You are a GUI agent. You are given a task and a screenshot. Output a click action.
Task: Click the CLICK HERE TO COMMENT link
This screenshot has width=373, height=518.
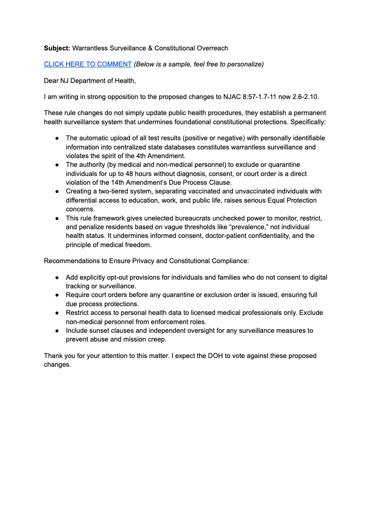click(87, 64)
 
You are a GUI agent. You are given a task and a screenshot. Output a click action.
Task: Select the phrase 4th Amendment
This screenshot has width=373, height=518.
click(160, 156)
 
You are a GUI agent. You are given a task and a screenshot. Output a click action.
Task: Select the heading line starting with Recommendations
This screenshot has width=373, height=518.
click(146, 261)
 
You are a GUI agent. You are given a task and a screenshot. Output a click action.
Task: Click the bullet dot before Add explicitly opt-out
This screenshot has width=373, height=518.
click(57, 277)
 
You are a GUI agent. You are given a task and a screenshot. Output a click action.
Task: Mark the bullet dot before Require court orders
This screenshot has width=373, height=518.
click(57, 295)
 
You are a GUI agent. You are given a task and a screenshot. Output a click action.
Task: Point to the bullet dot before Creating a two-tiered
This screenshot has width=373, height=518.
click(57, 191)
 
